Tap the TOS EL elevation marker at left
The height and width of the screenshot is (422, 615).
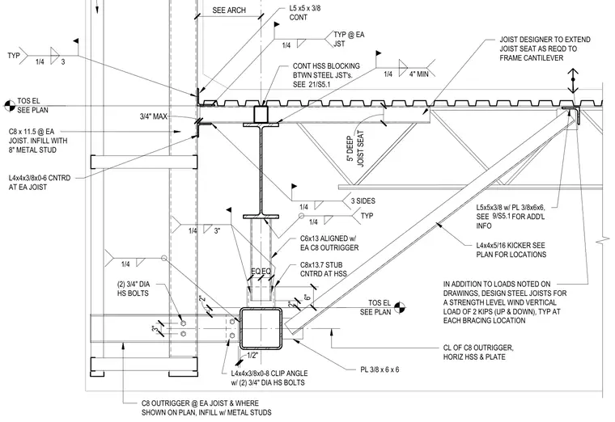pyautogui.click(x=10, y=105)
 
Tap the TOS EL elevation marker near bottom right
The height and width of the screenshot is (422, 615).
pyautogui.click(x=399, y=307)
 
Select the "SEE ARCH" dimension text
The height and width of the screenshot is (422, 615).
pyautogui.click(x=229, y=11)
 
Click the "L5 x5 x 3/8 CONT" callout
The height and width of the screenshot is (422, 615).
pyautogui.click(x=305, y=13)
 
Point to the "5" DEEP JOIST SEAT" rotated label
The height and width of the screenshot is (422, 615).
pyautogui.click(x=355, y=149)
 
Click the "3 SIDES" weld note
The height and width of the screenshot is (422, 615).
pyautogui.click(x=363, y=201)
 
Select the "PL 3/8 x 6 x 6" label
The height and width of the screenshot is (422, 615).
pyautogui.click(x=380, y=369)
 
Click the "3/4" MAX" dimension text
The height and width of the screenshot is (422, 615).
pyautogui.click(x=154, y=116)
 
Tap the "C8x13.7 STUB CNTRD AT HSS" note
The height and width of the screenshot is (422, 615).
pyautogui.click(x=324, y=269)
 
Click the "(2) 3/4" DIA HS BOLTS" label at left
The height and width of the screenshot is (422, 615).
pyautogui.click(x=134, y=289)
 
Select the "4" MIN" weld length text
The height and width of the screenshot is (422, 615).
pyautogui.click(x=418, y=74)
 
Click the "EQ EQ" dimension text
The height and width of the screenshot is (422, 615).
pyautogui.click(x=261, y=272)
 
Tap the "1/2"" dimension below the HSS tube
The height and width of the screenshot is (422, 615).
pyautogui.click(x=252, y=356)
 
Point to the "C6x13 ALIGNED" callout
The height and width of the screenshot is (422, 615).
pyautogui.click(x=329, y=243)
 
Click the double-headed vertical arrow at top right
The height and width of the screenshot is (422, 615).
pyautogui.click(x=573, y=81)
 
